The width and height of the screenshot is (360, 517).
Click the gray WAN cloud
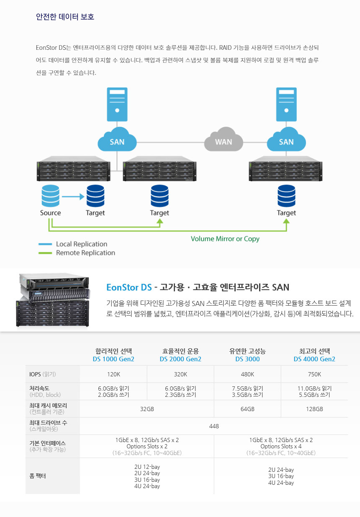tap(224, 141)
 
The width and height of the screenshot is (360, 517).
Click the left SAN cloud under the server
tap(117, 141)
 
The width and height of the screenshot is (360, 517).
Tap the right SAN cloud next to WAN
tap(286, 141)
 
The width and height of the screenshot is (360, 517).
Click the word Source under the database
tap(51, 213)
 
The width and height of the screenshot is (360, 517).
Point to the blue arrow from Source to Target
tap(73, 196)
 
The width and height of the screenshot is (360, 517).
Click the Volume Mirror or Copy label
tap(225, 239)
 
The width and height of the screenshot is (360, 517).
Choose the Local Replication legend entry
tap(82, 244)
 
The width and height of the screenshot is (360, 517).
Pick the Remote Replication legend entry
tap(85, 253)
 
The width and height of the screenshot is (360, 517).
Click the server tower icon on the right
tap(286, 104)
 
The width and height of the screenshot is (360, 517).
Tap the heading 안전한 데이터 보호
tap(65, 17)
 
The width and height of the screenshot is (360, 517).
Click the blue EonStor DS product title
tap(129, 288)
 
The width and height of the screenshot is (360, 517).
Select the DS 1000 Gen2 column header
tap(113, 359)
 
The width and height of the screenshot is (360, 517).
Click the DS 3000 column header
tap(247, 359)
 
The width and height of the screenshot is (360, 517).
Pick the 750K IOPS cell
tap(314, 374)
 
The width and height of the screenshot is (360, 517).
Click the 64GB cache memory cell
tap(247, 409)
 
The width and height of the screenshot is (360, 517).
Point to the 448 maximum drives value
tap(214, 426)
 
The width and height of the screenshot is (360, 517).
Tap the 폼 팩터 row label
tap(39, 476)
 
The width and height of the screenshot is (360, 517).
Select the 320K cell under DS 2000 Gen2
tap(180, 374)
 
